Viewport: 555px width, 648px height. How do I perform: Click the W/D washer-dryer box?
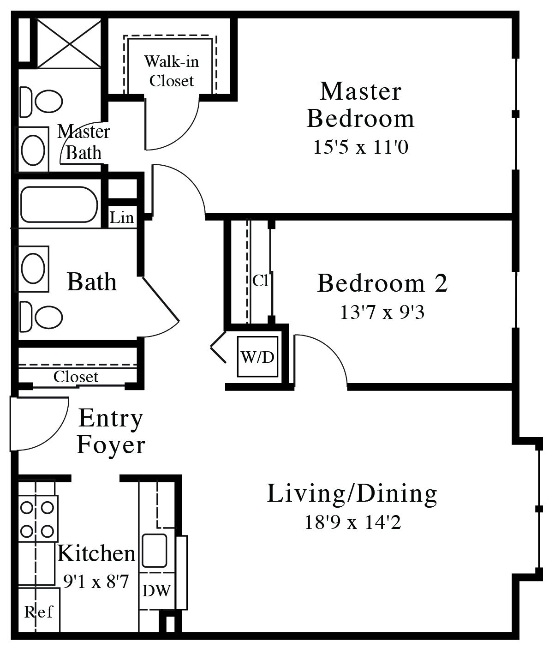click(x=257, y=356)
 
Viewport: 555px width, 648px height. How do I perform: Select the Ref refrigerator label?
click(x=39, y=612)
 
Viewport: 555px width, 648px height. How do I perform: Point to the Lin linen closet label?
click(x=122, y=217)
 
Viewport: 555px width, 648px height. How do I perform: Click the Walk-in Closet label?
click(x=172, y=71)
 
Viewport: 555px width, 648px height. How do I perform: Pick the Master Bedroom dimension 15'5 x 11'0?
click(x=361, y=147)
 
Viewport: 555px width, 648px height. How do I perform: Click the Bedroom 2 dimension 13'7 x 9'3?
click(x=382, y=312)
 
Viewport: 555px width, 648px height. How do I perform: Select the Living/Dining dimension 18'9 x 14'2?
click(x=353, y=522)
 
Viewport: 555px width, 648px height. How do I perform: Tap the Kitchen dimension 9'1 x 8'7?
click(x=96, y=582)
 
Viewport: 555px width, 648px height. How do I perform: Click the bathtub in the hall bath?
click(x=59, y=205)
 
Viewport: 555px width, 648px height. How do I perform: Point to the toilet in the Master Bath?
click(x=41, y=102)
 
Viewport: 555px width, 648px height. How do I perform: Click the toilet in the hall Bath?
click(x=41, y=317)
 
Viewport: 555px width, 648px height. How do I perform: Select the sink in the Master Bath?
click(x=33, y=150)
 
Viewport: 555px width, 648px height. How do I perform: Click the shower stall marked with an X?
click(x=69, y=43)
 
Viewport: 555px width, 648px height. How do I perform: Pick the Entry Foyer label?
click(x=111, y=432)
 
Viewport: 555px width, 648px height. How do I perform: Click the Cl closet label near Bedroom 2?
click(x=260, y=281)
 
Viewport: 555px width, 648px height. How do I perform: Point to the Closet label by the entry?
click(x=76, y=377)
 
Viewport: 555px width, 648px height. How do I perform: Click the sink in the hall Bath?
click(x=33, y=269)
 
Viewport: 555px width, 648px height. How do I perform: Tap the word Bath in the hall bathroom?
click(x=92, y=282)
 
